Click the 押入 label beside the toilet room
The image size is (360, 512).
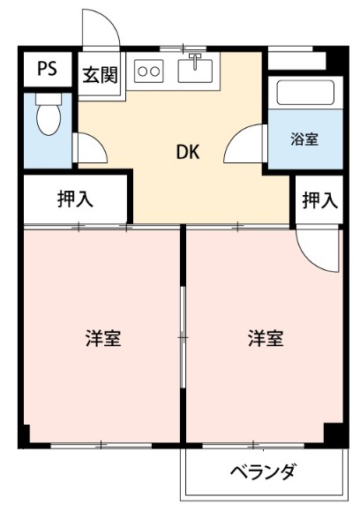76,200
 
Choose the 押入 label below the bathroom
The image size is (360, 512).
319,200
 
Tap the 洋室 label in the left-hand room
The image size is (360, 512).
102,338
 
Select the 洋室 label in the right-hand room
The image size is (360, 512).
264,338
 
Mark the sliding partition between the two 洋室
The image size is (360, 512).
183,335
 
